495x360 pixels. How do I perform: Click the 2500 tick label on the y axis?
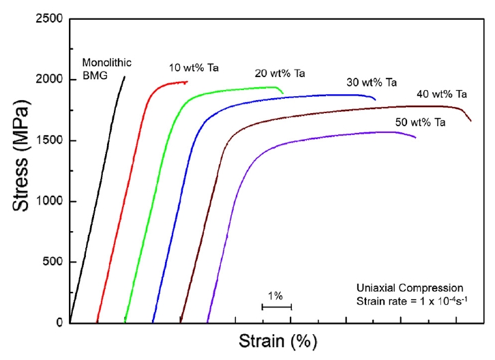[x=48, y=19]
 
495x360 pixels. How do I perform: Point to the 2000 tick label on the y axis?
[x=48, y=80]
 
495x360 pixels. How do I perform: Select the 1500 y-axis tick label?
[x=48, y=140]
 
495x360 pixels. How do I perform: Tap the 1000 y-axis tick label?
[x=48, y=201]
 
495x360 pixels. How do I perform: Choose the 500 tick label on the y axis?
[x=52, y=262]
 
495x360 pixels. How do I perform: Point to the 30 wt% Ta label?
[x=371, y=82]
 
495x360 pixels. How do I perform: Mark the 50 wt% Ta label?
[x=420, y=123]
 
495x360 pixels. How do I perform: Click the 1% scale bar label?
[x=275, y=296]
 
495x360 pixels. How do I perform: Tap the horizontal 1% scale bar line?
[x=277, y=307]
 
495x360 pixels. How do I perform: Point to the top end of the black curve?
[x=124, y=77]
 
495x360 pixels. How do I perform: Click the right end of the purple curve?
[x=416, y=138]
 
